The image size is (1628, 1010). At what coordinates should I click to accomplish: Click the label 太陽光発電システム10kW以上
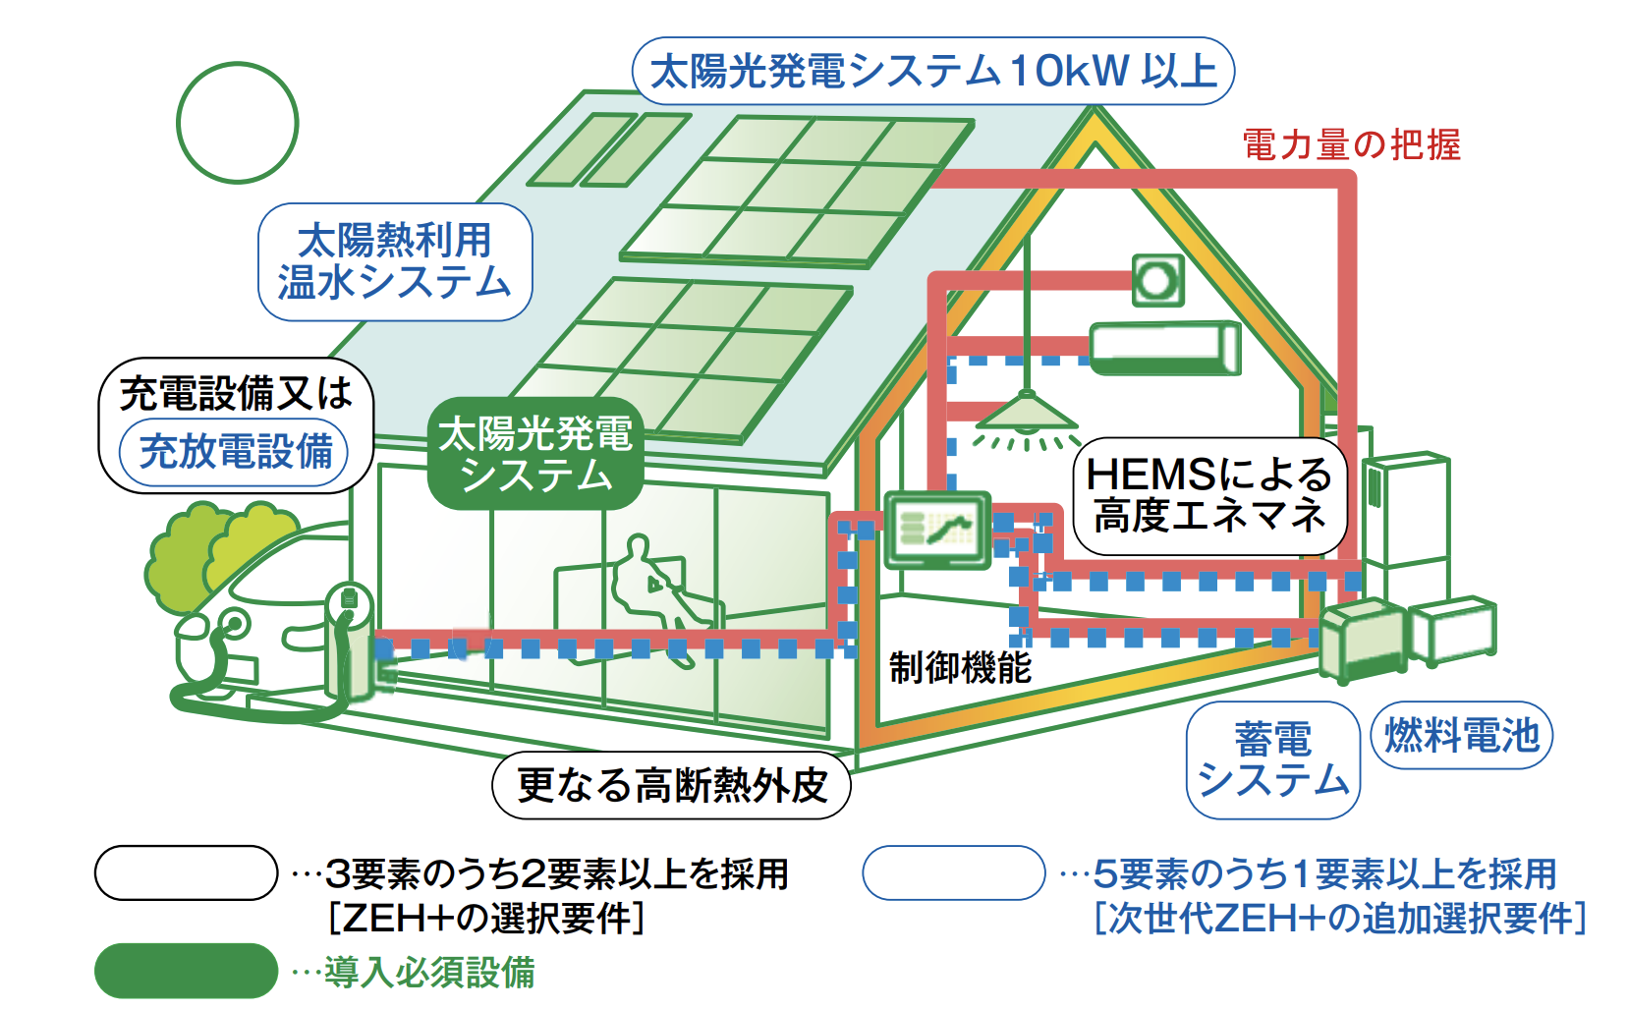[x=932, y=71]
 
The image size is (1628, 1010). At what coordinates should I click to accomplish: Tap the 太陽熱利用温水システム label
[x=395, y=261]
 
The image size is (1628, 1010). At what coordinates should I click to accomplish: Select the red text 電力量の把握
[x=1351, y=145]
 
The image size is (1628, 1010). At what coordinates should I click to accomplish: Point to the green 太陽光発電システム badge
[x=535, y=454]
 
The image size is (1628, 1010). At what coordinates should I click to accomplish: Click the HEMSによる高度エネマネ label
[x=1208, y=496]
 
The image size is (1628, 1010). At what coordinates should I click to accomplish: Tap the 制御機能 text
[x=960, y=668]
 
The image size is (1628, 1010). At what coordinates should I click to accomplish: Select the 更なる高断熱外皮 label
[x=671, y=785]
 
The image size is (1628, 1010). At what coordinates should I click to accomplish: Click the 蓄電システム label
[x=1272, y=759]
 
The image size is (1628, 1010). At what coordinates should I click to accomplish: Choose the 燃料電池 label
[x=1461, y=735]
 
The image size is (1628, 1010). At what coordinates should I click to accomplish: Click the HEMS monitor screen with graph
[x=936, y=530]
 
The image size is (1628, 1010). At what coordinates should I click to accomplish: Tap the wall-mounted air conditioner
[x=1165, y=349]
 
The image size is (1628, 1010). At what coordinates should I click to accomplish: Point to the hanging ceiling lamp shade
[x=1026, y=414]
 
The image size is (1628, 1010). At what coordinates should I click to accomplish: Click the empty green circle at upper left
[x=237, y=123]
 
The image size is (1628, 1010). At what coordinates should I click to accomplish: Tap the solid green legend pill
[x=186, y=971]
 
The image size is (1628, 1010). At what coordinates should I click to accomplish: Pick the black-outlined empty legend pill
[x=186, y=872]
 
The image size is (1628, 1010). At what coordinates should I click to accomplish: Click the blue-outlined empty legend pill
[x=953, y=872]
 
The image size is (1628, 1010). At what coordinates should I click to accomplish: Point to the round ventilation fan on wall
[x=1156, y=281]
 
